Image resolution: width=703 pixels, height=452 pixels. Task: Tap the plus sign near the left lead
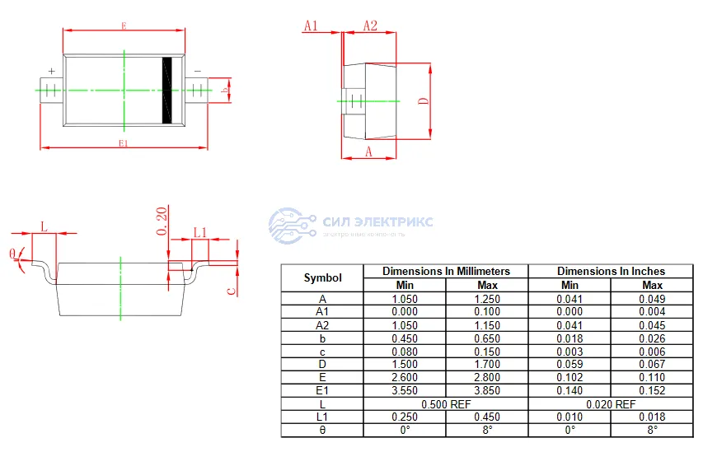[x=51, y=72]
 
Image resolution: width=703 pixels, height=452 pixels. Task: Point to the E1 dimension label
[x=124, y=142]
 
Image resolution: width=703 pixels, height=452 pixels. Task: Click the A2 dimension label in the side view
[x=370, y=26]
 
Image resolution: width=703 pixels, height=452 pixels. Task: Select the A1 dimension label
[x=311, y=26]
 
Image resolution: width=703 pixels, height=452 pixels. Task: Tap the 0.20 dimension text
[x=162, y=221]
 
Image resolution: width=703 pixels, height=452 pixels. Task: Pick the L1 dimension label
[x=199, y=233]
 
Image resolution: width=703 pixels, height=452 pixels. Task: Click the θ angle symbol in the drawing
[x=13, y=253]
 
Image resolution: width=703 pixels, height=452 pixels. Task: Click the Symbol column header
[x=322, y=277]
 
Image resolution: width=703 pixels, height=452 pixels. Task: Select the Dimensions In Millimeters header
[x=446, y=271]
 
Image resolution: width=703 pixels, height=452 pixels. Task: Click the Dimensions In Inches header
[x=611, y=271]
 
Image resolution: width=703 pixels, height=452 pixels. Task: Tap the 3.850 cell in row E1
[x=487, y=390]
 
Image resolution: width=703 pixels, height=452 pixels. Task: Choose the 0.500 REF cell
[x=446, y=403]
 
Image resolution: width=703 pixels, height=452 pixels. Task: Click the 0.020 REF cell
[x=611, y=403]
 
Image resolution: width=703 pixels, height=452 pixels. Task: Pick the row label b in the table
[x=322, y=338]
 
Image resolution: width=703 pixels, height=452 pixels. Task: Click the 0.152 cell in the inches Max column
[x=652, y=390]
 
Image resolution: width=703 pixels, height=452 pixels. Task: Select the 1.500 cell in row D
[x=405, y=364]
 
